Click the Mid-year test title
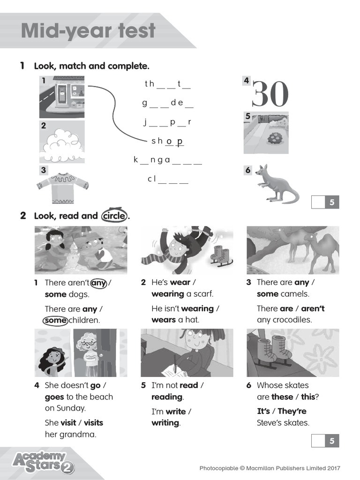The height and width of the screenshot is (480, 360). pos(88,31)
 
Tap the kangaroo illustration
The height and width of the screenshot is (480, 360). pos(276,184)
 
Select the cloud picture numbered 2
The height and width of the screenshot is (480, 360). pos(62,142)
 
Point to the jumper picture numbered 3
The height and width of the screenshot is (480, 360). pos(62,186)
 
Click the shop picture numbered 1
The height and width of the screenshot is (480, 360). pos(62,97)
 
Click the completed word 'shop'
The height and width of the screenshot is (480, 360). pos(167,141)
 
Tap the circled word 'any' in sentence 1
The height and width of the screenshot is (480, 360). pos(98,283)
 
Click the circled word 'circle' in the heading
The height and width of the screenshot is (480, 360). pos(114,216)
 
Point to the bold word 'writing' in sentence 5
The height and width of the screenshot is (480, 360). pos(165,423)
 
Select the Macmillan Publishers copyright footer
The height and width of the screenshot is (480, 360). pos(270,468)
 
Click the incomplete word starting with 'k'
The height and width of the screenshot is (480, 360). pos(168,160)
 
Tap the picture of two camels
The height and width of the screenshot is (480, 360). pos(293,250)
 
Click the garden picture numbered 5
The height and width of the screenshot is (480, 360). pos(266,133)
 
